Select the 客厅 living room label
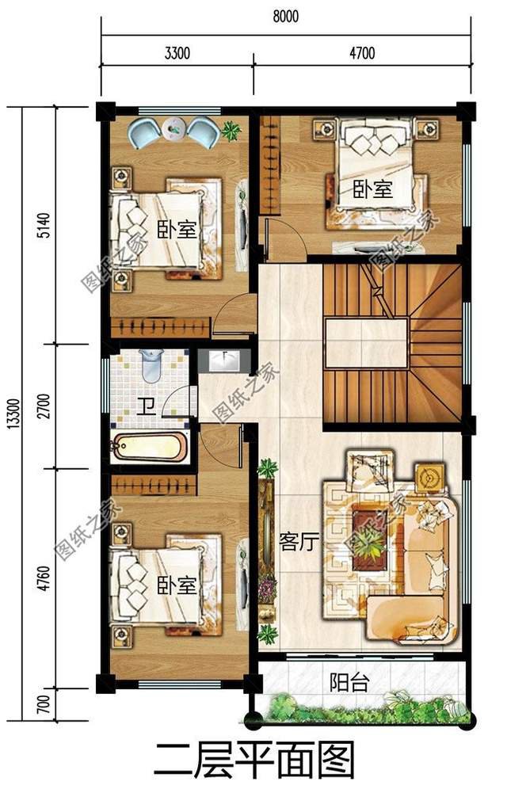[x=299, y=542]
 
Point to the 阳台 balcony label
[x=349, y=683]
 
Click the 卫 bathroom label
[x=146, y=407]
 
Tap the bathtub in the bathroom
[x=150, y=448]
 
